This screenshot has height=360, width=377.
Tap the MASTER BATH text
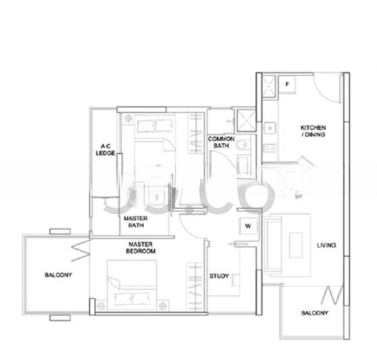tap(136, 222)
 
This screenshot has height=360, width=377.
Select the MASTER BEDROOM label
tap(142, 248)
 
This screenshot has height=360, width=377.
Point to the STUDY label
tap(219, 276)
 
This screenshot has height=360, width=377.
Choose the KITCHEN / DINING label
tap(313, 131)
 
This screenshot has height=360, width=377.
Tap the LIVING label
tap(327, 245)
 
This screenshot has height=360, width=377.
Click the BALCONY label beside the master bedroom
tap(58, 275)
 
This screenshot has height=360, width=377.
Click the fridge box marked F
tap(287, 85)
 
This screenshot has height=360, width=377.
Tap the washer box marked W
tap(247, 226)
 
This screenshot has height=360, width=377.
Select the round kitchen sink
tap(270, 127)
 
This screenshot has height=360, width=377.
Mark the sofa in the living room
tap(273, 243)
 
